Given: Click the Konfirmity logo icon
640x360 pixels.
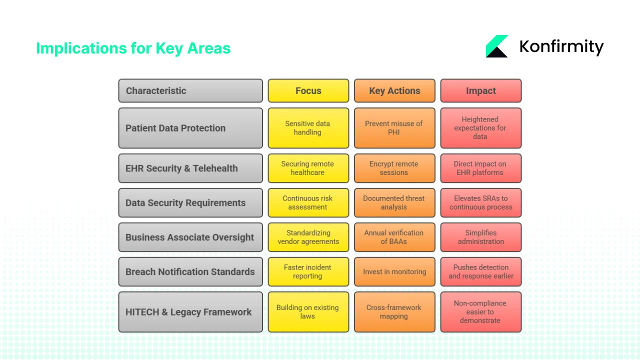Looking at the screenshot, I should (x=496, y=46).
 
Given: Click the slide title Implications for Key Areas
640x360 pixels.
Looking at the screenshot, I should (x=133, y=48).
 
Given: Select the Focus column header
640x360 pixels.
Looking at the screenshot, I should (x=308, y=90).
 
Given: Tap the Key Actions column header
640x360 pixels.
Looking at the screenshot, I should (x=394, y=90).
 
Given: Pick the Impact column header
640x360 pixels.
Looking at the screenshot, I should (x=480, y=90).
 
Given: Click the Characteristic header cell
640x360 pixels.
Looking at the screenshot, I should (x=190, y=90).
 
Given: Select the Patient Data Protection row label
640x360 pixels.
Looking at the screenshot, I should (x=190, y=128).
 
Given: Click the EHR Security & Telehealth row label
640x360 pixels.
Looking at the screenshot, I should (x=190, y=168).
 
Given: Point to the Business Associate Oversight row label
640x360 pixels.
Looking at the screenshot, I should (x=190, y=237).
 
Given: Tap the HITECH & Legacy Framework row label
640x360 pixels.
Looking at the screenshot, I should (x=190, y=312).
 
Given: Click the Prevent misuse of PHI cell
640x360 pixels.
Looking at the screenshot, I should (x=394, y=128).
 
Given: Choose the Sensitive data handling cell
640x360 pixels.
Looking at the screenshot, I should (x=308, y=128).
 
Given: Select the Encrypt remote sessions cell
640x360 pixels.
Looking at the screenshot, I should (x=394, y=168).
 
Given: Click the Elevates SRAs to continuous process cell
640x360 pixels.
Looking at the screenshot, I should (x=480, y=202).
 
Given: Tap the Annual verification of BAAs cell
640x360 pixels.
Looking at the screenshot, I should (x=394, y=237).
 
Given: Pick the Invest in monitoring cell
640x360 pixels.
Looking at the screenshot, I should (x=394, y=271).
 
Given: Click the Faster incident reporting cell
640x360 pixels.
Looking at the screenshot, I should (x=308, y=271).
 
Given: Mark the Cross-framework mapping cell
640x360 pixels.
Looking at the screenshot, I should (x=394, y=312).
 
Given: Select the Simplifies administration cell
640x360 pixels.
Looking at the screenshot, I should (x=480, y=237).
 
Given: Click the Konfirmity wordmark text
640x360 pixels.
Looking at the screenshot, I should (x=561, y=46).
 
